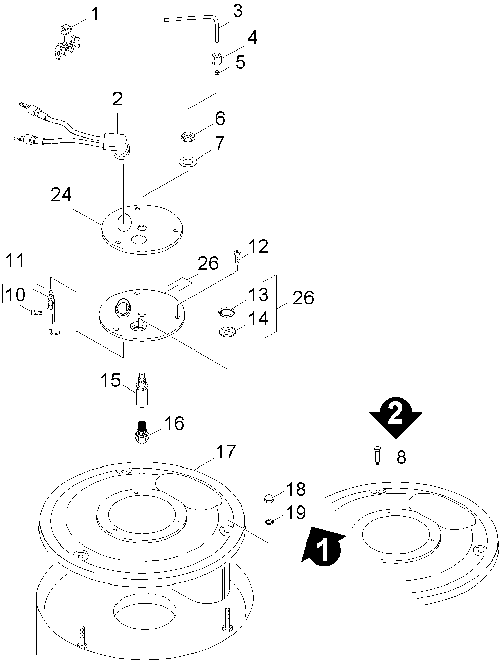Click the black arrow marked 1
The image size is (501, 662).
[323, 544]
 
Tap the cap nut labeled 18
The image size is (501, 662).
[269, 498]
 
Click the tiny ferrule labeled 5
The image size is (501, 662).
[217, 73]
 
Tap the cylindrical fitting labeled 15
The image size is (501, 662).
[142, 391]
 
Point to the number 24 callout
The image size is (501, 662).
[61, 195]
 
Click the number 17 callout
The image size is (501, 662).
[226, 451]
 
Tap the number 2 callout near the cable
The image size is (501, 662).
[118, 99]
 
